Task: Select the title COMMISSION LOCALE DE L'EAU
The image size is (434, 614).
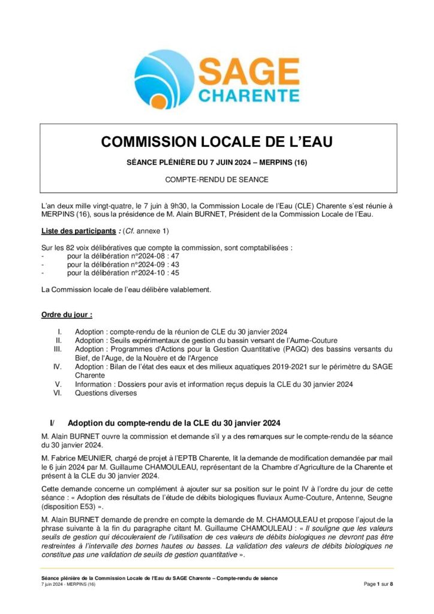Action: [x=216, y=142]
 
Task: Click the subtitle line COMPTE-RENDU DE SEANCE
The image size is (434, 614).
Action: [x=216, y=179]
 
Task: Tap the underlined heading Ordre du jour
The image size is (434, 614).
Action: [x=67, y=314]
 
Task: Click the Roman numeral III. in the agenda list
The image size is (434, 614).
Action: [x=58, y=349]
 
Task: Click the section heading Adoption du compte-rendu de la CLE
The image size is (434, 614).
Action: [x=174, y=423]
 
